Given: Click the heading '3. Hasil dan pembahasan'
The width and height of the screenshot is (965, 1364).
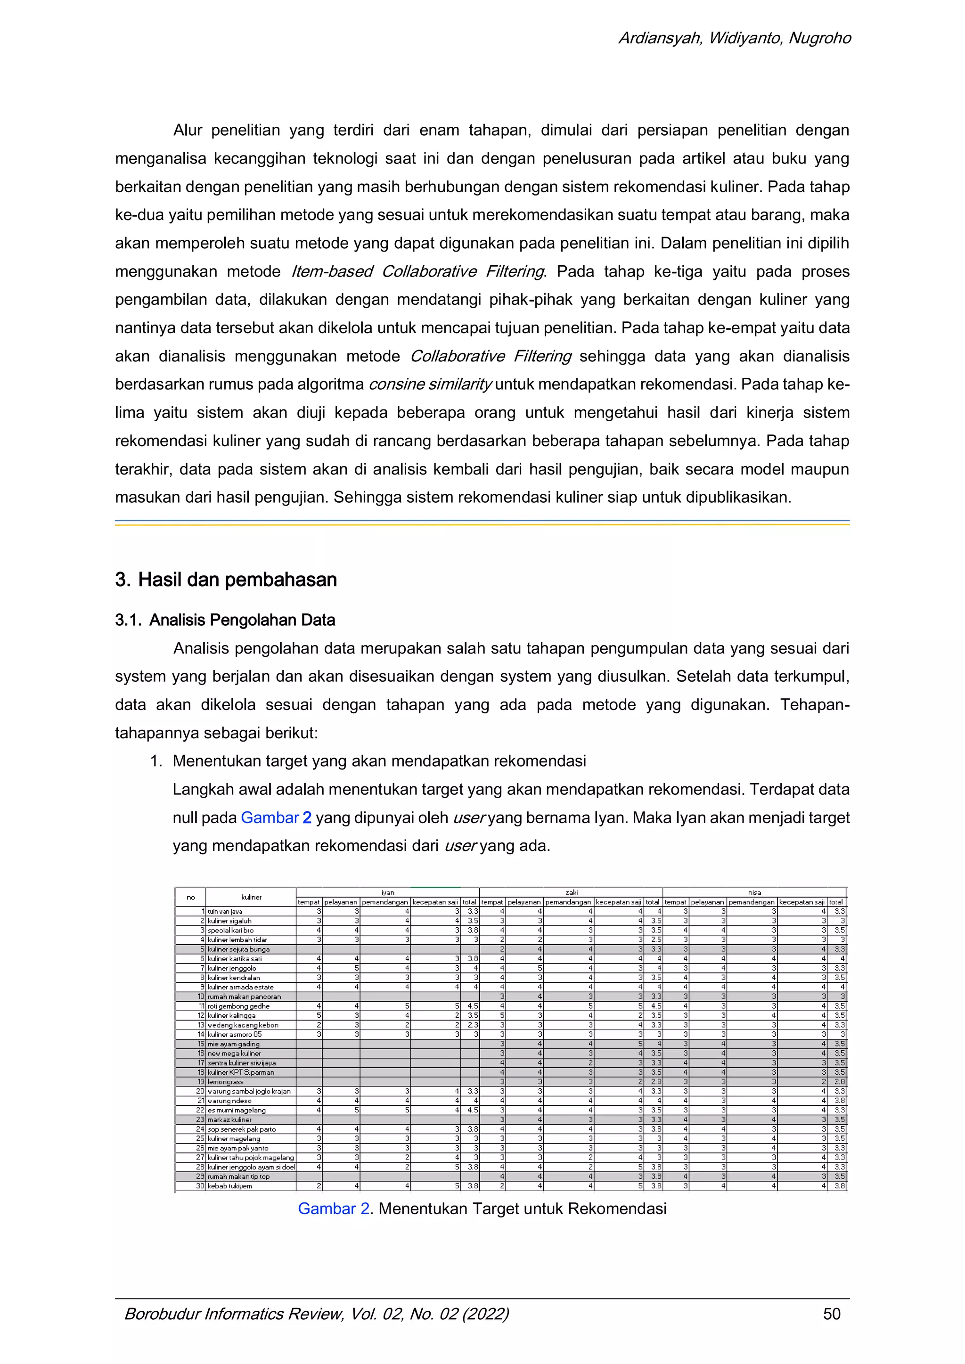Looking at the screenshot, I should (x=226, y=580).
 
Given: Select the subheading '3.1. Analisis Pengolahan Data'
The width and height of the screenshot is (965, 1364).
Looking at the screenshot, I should (x=225, y=620).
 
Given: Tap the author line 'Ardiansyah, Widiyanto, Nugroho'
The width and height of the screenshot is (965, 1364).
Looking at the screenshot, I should (x=735, y=39).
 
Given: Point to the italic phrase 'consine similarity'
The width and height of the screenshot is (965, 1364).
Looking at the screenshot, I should (x=430, y=384).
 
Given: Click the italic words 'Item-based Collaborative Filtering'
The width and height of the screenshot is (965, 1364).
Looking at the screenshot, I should (x=418, y=271).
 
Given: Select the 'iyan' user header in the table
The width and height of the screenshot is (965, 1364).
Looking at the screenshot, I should (x=387, y=892).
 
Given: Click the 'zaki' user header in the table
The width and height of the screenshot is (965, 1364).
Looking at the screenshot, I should (x=571, y=892).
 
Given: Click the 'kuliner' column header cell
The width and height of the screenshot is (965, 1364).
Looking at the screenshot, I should (x=251, y=897).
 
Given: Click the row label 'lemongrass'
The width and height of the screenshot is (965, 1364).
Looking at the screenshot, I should (x=225, y=1082).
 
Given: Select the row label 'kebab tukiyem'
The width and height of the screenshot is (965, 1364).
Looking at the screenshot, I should (x=230, y=1186).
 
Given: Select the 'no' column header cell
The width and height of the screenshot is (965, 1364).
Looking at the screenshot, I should (x=190, y=897).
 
